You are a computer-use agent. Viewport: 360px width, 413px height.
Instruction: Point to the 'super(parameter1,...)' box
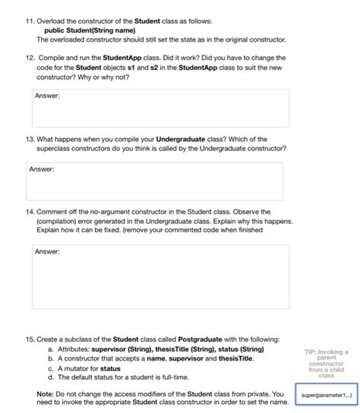point(324,396)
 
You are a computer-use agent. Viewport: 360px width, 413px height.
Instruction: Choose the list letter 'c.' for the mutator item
point(50,367)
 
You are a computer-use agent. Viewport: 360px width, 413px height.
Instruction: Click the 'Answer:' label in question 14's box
point(49,251)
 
